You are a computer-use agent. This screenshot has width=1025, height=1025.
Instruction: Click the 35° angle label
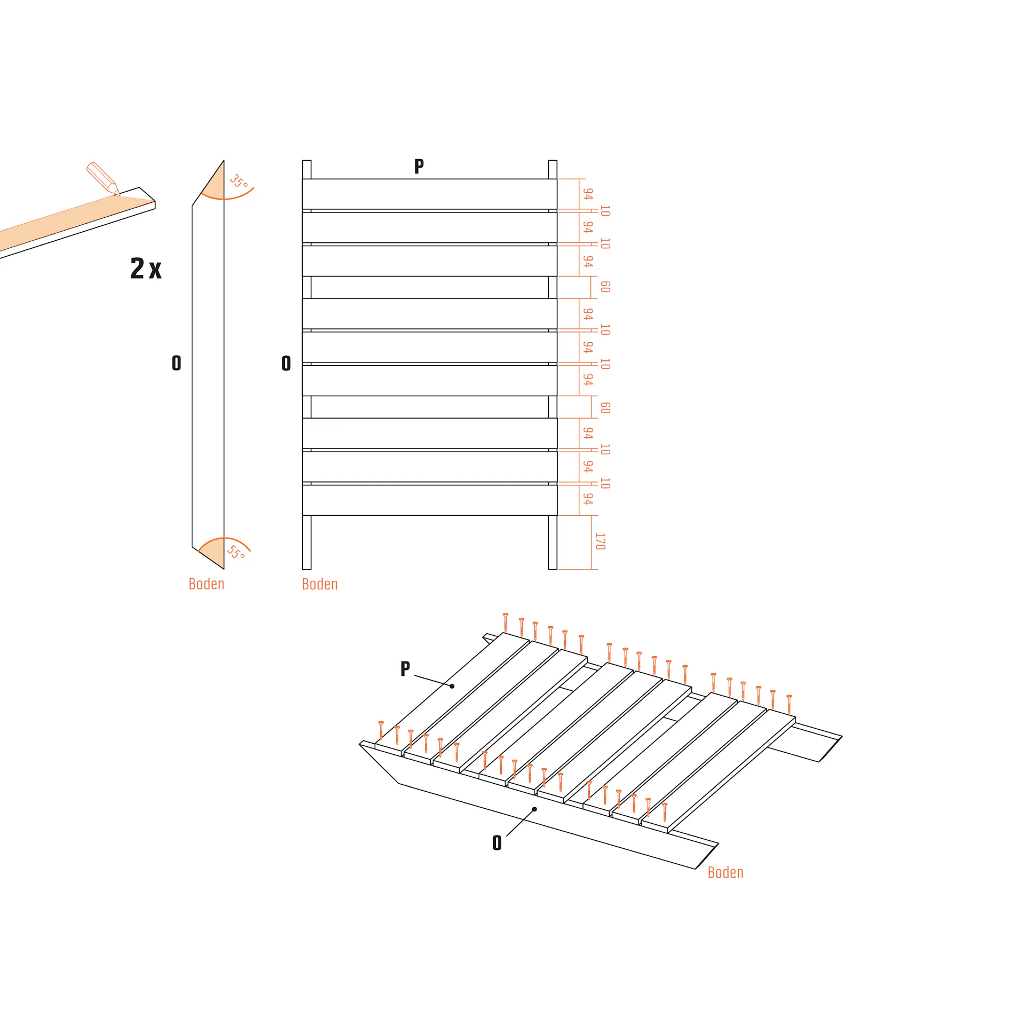point(239,182)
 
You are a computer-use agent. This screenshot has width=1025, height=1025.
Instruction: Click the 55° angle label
point(236,552)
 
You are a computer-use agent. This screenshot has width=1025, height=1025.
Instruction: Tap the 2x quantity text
point(146,268)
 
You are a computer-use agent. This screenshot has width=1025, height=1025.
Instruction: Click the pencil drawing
point(103,178)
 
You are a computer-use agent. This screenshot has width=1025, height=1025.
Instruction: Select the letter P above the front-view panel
point(419,167)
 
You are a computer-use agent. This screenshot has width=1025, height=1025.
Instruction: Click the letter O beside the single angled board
point(177,363)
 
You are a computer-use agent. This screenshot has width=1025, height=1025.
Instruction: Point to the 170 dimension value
point(600,541)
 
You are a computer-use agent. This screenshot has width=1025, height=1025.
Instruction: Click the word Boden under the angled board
point(207,584)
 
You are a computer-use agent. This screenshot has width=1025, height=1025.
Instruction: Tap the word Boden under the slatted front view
point(320,584)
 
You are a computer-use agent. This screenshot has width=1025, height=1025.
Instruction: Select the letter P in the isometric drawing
point(405,669)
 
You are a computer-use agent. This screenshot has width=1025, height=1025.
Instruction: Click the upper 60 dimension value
point(605,287)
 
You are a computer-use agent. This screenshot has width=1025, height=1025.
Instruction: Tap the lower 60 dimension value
point(605,408)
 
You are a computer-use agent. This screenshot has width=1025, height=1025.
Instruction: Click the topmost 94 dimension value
point(588,194)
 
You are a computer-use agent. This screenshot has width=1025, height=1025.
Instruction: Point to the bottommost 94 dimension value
point(588,499)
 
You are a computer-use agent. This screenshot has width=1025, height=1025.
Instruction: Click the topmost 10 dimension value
point(605,211)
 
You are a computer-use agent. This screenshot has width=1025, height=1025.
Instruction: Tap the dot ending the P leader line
point(452,686)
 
